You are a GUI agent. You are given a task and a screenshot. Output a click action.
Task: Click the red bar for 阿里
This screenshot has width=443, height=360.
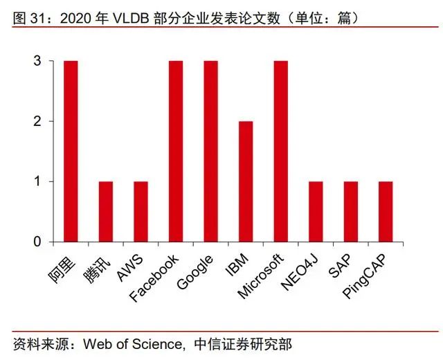[71, 151]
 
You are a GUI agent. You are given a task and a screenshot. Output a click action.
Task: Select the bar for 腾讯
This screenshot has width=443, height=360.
[106, 211]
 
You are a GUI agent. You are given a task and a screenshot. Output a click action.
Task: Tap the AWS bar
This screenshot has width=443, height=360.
[141, 211]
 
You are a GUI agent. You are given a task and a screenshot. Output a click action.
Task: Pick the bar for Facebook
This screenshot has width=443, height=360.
[176, 151]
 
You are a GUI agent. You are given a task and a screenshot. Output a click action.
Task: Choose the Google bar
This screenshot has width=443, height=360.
[211, 151]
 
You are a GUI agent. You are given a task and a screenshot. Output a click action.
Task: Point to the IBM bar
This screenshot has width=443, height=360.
[246, 181]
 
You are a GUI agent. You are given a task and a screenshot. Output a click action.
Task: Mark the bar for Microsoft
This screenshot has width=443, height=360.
[281, 151]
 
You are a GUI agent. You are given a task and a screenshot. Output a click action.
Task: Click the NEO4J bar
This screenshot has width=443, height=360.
[316, 211]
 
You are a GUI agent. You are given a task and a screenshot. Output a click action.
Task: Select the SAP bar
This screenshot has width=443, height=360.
[351, 211]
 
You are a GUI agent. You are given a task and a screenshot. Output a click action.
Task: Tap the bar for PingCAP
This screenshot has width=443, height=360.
[386, 211]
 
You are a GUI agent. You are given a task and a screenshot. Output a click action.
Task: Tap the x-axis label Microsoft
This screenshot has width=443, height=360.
[261, 277]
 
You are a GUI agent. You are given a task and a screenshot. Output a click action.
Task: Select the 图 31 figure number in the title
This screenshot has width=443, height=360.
[26, 16]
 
